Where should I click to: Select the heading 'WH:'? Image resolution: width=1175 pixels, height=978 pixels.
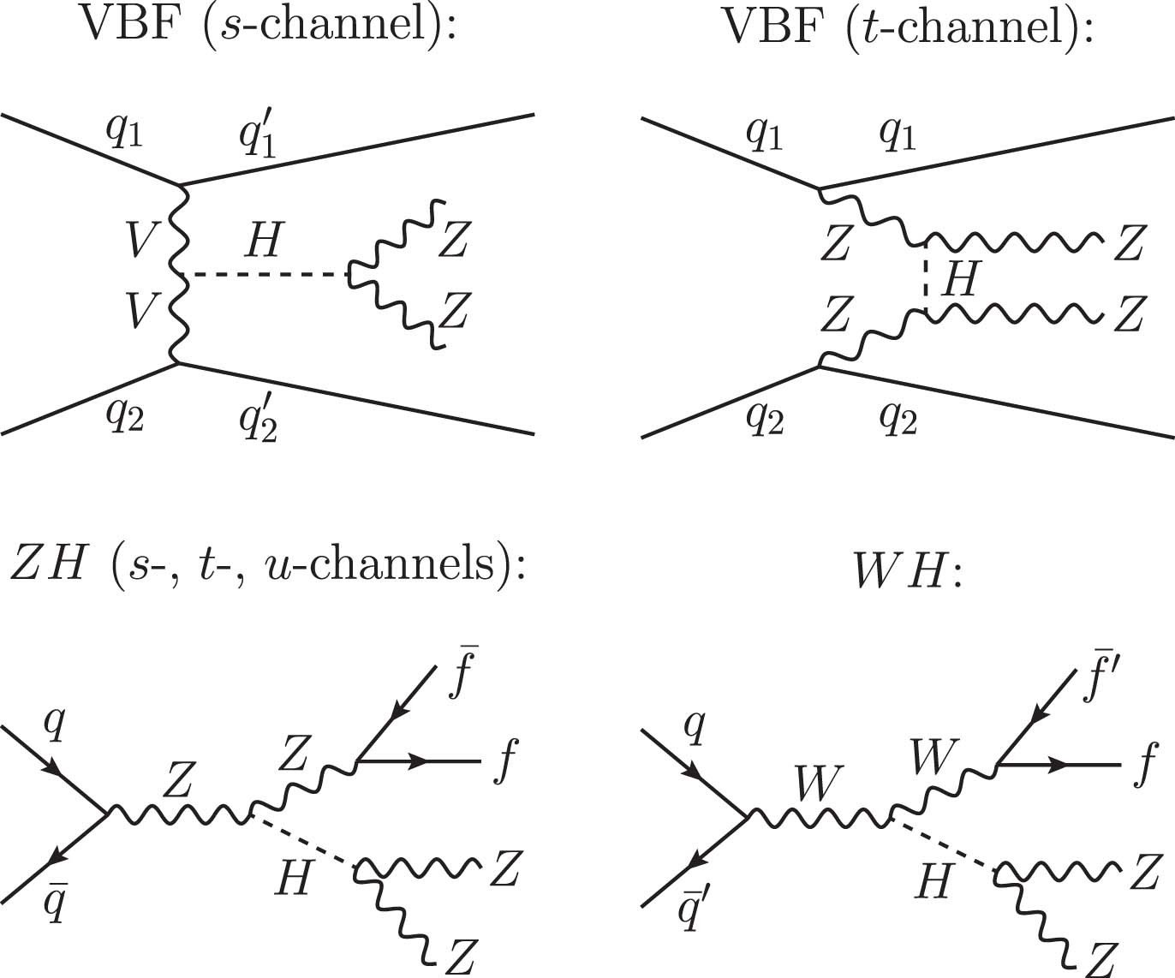click(x=909, y=575)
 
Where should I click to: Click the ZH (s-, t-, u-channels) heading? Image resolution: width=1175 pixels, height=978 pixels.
click(x=265, y=566)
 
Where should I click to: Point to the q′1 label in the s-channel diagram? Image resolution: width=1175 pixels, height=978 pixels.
click(x=258, y=136)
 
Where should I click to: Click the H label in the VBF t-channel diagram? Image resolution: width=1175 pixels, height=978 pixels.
click(x=959, y=279)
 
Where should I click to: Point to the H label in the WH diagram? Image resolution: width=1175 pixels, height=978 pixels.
click(x=933, y=880)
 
